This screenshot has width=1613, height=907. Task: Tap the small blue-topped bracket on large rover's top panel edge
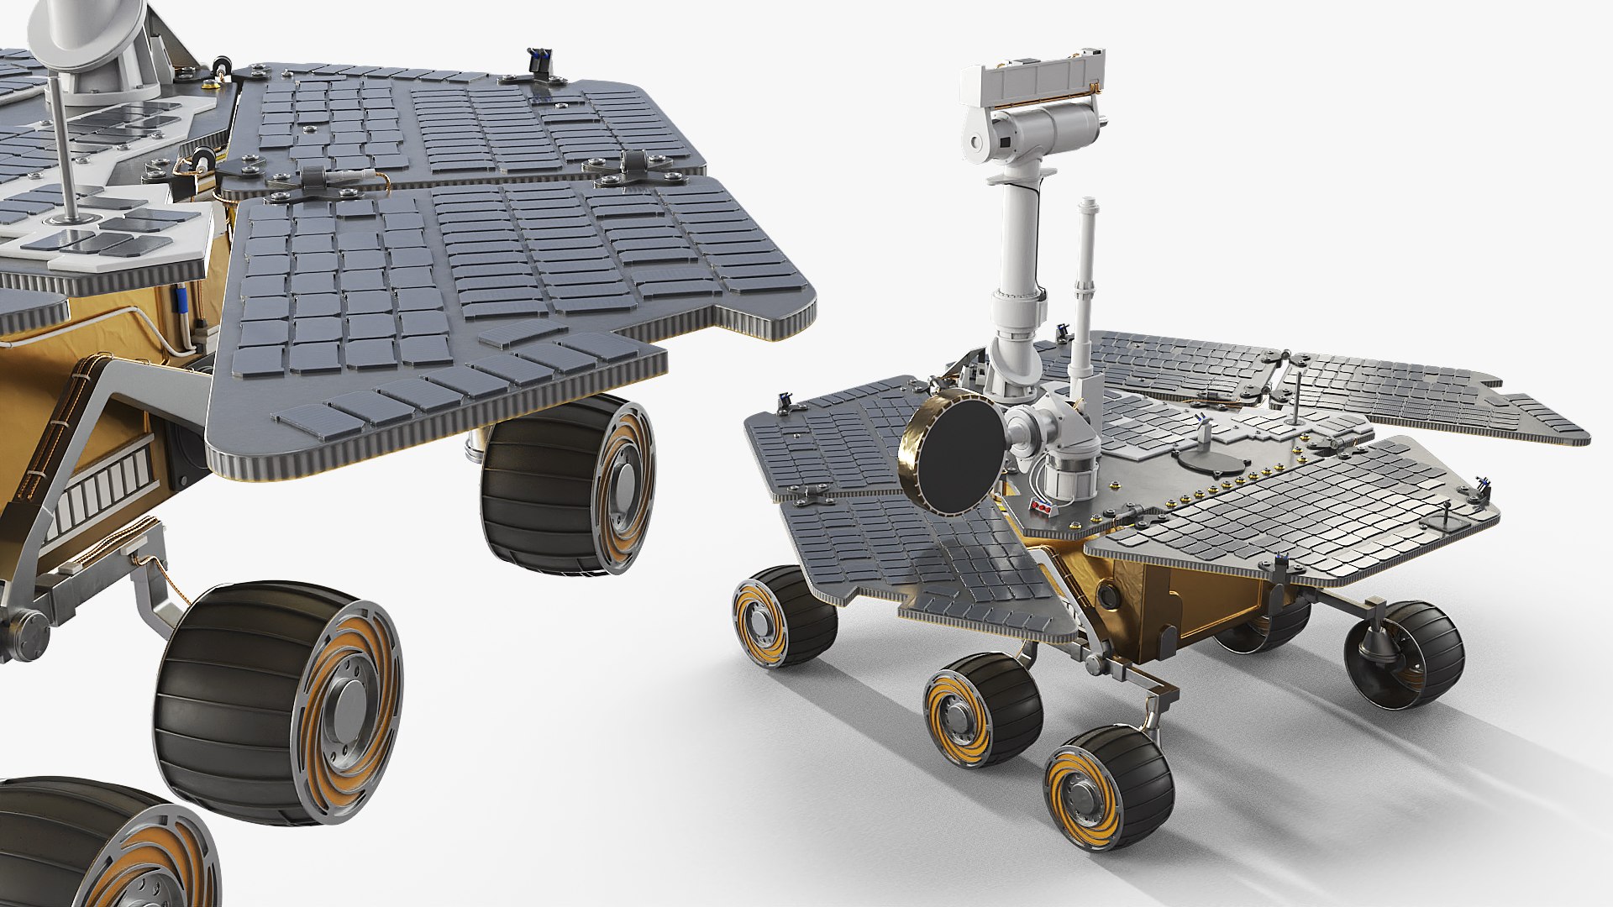(538, 64)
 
